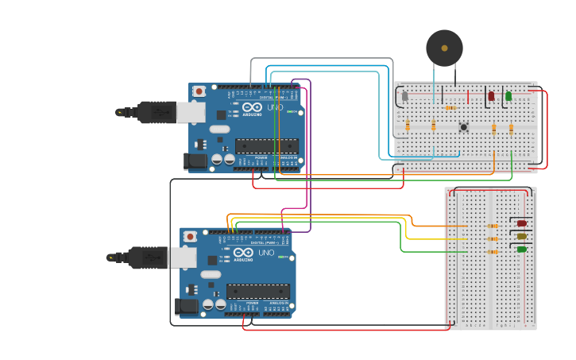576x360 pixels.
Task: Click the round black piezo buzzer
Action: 444,48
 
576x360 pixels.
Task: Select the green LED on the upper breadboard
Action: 508,96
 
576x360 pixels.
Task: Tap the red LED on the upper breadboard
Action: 491,96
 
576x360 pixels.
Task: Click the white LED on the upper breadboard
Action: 404,97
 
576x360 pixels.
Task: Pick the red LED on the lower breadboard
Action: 522,223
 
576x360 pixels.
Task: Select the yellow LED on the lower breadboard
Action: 522,236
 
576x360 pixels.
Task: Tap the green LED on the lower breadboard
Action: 522,250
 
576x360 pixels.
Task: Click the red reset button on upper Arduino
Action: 199,91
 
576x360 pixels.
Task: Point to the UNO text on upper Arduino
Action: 275,107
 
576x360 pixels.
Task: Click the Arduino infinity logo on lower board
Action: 242,253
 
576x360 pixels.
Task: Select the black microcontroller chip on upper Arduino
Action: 266,145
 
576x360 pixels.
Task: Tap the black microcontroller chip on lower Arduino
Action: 257,291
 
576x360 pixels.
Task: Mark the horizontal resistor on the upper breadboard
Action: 450,107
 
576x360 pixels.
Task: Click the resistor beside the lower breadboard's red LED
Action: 493,226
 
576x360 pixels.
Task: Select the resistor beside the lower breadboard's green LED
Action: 493,252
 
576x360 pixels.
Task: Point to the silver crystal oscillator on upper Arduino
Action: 219,129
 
